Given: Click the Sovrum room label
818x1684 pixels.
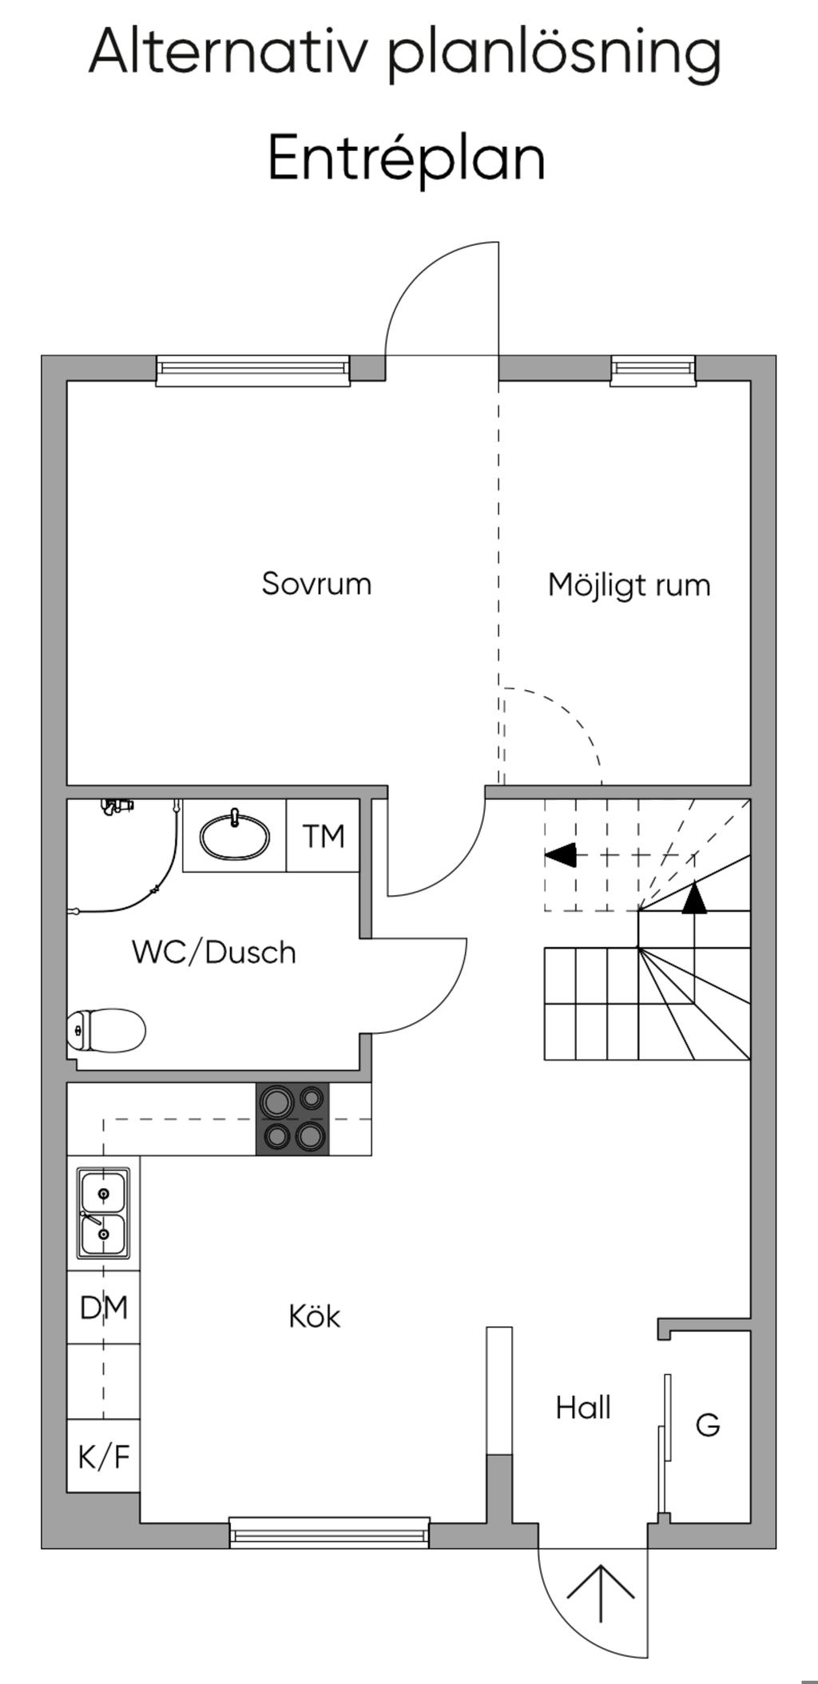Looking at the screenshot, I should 316,584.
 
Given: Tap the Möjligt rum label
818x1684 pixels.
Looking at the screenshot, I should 629,585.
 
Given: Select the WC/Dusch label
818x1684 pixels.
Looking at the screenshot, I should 214,953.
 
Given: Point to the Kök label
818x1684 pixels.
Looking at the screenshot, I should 314,1317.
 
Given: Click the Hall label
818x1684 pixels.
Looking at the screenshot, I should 583,1408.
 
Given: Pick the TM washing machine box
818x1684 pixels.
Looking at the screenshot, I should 324,836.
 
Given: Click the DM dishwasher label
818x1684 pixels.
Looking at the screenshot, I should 104,1308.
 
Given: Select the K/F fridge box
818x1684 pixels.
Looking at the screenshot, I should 104,1456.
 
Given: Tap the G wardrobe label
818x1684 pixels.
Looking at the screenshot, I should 708,1424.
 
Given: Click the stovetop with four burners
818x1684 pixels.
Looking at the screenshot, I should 292,1119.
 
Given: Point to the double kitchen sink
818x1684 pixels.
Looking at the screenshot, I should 103,1214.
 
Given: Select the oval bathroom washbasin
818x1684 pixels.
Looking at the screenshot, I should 234,838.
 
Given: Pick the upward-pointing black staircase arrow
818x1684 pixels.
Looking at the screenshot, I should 694,897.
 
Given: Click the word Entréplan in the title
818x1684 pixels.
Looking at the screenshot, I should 406,157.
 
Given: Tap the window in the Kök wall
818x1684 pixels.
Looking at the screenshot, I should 329,1533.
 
